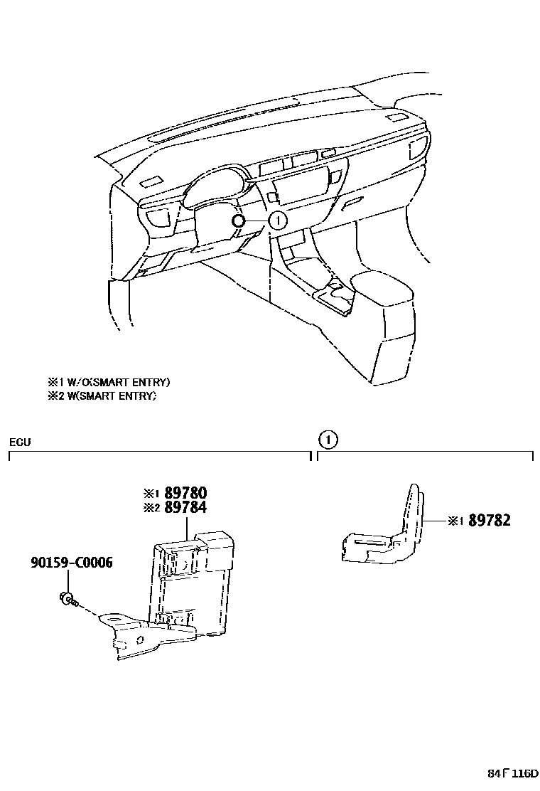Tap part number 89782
[x=490, y=521]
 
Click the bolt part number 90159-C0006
[x=71, y=563]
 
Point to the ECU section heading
[x=19, y=442]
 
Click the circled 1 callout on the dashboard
[x=278, y=221]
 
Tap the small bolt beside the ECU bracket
[x=67, y=598]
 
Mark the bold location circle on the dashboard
[x=239, y=221]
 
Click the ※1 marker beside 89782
[x=455, y=521]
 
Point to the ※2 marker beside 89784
[x=150, y=508]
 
